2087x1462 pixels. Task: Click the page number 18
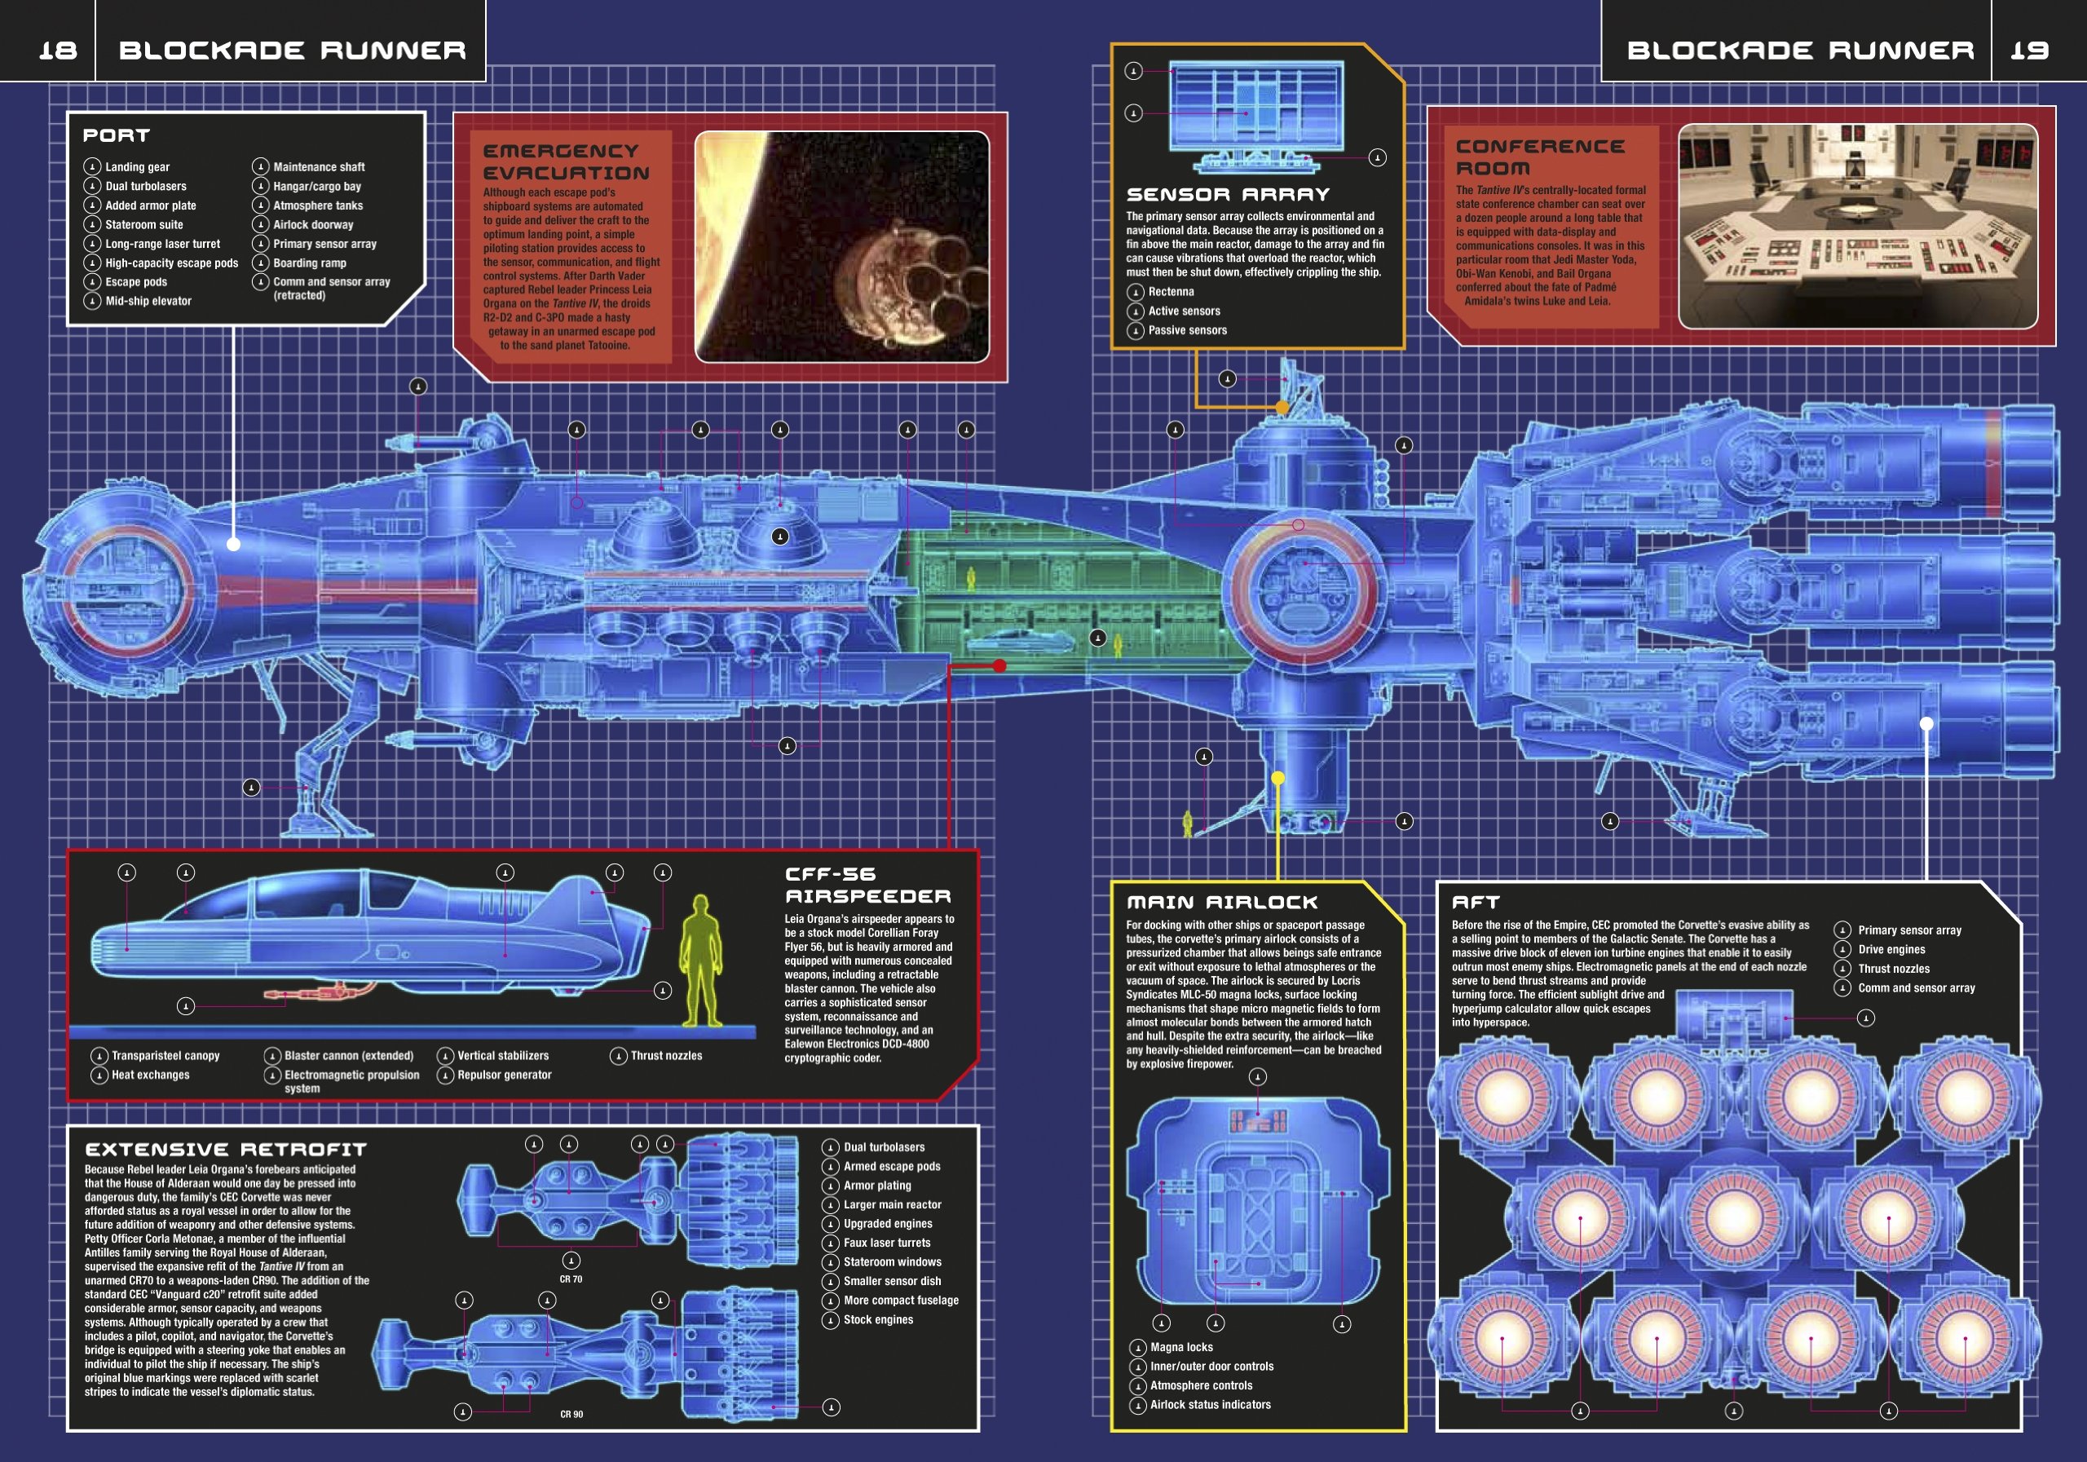(57, 50)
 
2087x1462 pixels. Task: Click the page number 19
(2029, 50)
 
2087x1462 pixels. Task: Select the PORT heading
(117, 135)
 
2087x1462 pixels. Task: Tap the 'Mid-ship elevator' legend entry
(148, 301)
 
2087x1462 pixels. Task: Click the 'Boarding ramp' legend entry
(309, 263)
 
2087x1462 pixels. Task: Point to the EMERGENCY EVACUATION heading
(566, 161)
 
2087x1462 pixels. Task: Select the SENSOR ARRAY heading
(1227, 195)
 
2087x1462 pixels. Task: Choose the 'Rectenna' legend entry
(1171, 292)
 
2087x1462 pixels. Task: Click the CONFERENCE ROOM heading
(1540, 157)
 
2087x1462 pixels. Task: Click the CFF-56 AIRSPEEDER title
(867, 886)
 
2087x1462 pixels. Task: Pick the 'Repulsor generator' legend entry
(504, 1075)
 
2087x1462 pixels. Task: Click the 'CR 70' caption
(571, 1279)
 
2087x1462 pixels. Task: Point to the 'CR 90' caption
(571, 1414)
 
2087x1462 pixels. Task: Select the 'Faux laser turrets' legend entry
(886, 1243)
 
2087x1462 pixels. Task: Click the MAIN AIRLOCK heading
(1222, 902)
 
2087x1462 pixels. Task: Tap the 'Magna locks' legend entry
(1180, 1348)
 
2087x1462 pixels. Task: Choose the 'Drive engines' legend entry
(1891, 949)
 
